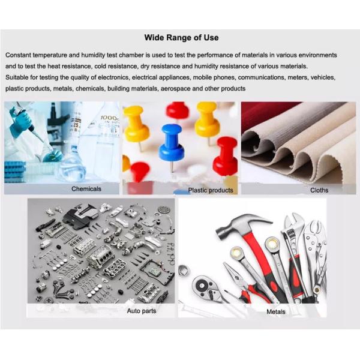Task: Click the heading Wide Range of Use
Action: pos(181,37)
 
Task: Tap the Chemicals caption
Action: pos(86,189)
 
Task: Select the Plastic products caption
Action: pos(211,190)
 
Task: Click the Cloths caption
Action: pos(319,190)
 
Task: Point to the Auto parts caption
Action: pos(142,311)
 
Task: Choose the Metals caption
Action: pos(276,312)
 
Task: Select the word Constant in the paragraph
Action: pos(18,55)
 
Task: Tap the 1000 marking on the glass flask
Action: pos(109,118)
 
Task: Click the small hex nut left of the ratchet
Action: pos(184,271)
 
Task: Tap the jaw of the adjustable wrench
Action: pos(293,222)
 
